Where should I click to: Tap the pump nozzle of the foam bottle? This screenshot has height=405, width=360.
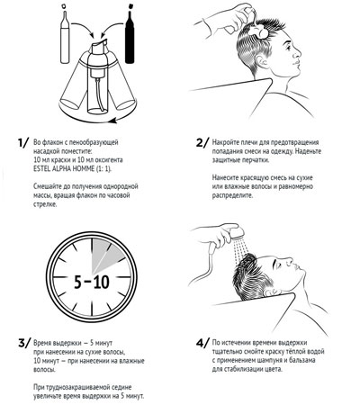point(100,44)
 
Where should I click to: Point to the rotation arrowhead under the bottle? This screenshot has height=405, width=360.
point(112,121)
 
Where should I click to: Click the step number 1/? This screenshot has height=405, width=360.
point(23,143)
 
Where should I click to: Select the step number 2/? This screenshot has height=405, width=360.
point(202,142)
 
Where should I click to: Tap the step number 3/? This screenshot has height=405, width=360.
point(24,343)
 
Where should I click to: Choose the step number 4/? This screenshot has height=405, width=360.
point(202,343)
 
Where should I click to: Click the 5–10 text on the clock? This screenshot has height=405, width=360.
point(92,282)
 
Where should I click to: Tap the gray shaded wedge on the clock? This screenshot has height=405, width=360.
point(107,255)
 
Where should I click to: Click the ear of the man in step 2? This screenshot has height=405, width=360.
point(263,62)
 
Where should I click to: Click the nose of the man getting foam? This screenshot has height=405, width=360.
point(297,54)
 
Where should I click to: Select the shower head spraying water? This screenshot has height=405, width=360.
point(238,232)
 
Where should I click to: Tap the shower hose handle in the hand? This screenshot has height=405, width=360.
point(211,249)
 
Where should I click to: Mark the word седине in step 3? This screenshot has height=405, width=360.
point(121,387)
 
